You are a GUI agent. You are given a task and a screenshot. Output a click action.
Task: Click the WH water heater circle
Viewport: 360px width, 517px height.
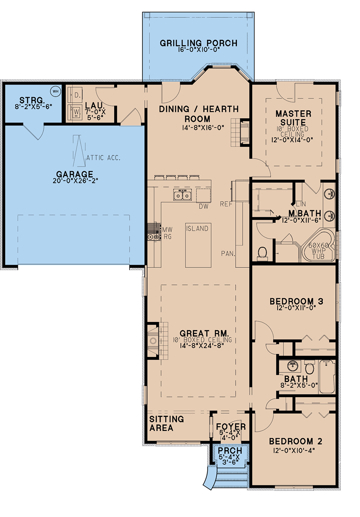coord(56,91)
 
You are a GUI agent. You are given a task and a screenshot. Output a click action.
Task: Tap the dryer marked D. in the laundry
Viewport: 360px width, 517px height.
coord(75,95)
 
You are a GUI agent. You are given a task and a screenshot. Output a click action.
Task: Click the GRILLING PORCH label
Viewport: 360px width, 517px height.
coord(199,43)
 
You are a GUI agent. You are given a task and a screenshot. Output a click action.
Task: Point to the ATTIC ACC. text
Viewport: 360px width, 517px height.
coord(103,158)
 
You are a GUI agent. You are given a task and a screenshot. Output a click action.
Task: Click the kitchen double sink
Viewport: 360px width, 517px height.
coord(183,195)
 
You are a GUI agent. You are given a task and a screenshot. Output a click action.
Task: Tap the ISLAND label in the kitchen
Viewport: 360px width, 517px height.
coord(197,228)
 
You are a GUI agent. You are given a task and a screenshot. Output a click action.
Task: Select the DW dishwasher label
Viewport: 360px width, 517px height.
coord(204,207)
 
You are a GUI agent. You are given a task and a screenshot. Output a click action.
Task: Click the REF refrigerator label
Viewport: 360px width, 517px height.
coord(226,204)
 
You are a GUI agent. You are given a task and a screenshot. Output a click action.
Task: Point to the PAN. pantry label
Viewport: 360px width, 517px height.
coord(228,254)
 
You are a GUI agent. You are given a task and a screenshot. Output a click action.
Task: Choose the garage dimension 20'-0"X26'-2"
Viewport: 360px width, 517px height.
coord(75,181)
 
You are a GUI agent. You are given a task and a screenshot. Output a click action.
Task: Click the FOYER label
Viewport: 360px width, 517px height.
coord(231,426)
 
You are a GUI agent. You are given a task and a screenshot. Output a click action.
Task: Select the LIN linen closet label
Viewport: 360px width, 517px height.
coord(301,204)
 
